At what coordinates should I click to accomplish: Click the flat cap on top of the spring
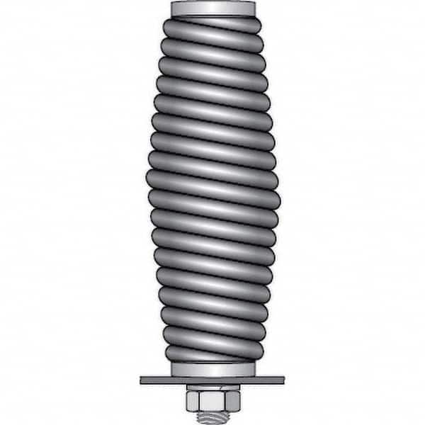coord(212,9)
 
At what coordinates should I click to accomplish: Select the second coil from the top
coord(212,47)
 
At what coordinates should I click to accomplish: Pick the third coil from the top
coord(212,66)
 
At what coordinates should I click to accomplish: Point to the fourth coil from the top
coord(212,85)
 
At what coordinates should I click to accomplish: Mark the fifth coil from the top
coord(212,104)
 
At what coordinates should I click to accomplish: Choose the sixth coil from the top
coord(212,123)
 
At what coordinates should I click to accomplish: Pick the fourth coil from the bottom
coord(212,295)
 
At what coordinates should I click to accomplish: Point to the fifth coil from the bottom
coord(212,276)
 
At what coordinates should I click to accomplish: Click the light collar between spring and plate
coord(212,370)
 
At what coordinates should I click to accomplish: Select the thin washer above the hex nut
coord(212,387)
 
